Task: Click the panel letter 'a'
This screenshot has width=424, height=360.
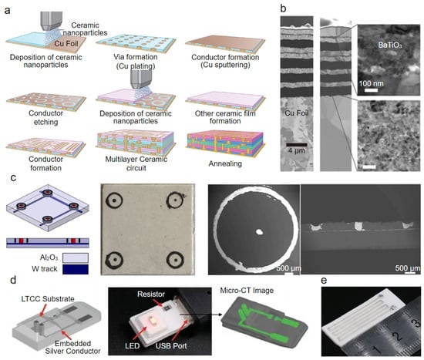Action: [8, 10]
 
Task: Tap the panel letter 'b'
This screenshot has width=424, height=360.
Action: [283, 8]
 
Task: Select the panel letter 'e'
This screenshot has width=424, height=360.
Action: [325, 281]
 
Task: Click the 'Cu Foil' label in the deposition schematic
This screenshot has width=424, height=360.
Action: [66, 43]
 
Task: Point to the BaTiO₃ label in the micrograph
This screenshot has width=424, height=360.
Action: [390, 45]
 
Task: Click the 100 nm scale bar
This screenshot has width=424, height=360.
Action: [371, 90]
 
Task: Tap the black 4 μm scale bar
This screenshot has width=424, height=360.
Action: [297, 145]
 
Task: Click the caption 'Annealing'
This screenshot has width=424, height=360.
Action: [225, 163]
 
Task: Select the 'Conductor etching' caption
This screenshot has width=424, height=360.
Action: [46, 117]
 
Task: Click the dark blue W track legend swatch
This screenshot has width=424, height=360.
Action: [76, 269]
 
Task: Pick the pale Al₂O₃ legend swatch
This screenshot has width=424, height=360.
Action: [76, 257]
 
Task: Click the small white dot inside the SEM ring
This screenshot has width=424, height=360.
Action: [259, 231]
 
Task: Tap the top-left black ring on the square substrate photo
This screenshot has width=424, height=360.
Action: [114, 200]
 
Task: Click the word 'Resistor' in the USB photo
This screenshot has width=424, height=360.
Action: [151, 294]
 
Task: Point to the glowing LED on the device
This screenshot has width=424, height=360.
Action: [152, 321]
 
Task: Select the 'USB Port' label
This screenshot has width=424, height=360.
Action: [171, 345]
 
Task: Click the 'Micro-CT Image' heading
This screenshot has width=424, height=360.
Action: [247, 291]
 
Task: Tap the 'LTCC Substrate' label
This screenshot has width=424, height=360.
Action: [48, 299]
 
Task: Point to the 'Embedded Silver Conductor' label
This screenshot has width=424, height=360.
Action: [72, 348]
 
